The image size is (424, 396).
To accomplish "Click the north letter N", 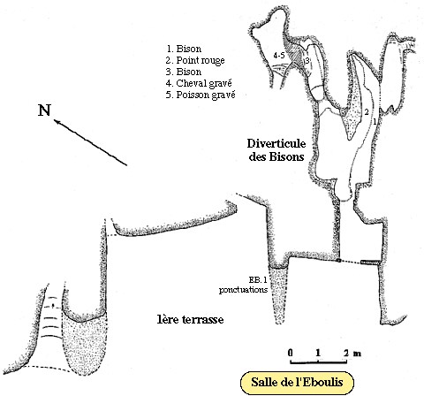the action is tap(44, 110).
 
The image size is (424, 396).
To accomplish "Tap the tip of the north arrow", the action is tap(54, 119).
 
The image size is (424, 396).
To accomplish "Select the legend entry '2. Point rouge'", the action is tap(195, 60).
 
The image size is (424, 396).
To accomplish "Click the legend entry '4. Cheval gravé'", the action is tap(199, 83).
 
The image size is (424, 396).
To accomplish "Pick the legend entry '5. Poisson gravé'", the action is tap(201, 95).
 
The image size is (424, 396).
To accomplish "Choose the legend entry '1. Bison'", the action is tap(184, 49).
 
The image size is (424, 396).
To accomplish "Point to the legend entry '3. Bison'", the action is tap(184, 72).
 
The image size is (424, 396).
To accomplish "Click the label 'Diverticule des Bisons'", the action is tap(276, 150).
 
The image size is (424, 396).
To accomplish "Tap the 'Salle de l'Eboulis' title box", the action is tap(297, 383).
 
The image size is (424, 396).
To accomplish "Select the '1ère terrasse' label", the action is tap(190, 319).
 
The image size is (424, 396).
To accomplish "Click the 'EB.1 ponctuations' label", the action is tap(243, 285).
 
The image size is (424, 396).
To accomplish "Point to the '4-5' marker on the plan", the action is tap(278, 55).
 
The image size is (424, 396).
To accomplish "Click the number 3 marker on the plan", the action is tap(307, 61).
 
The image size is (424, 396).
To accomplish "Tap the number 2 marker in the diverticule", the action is tap(367, 112).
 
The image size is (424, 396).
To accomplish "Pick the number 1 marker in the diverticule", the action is tap(375, 121).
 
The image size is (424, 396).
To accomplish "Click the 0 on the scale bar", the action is tap(291, 353).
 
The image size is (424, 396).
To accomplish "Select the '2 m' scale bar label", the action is tap(352, 353).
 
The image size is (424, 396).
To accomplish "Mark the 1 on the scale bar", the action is tap(318, 353).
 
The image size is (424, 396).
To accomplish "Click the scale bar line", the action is tap(319, 362).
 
